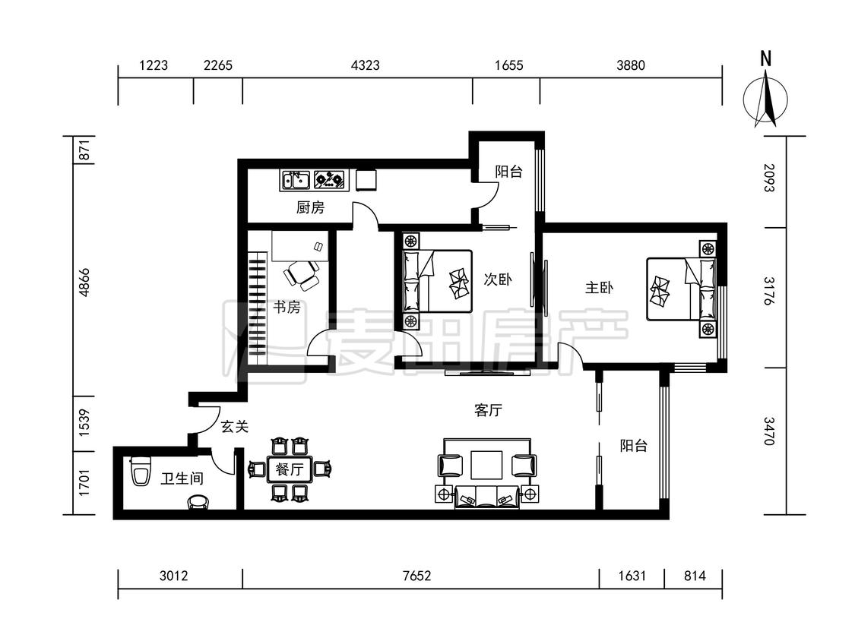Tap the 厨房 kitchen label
click(310, 207)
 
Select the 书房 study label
click(287, 307)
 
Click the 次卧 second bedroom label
click(498, 279)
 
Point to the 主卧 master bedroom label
click(600, 287)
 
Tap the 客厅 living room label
click(488, 410)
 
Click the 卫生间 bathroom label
click(182, 478)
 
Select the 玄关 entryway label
click(235, 426)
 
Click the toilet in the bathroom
click(141, 472)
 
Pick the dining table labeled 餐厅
click(289, 469)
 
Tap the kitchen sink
click(295, 180)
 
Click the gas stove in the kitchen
click(331, 180)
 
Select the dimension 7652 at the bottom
click(416, 576)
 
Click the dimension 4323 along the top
click(366, 65)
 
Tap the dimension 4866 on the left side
click(84, 283)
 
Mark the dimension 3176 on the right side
click(769, 291)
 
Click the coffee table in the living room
click(487, 464)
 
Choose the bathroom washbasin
click(198, 502)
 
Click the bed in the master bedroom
click(681, 289)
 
